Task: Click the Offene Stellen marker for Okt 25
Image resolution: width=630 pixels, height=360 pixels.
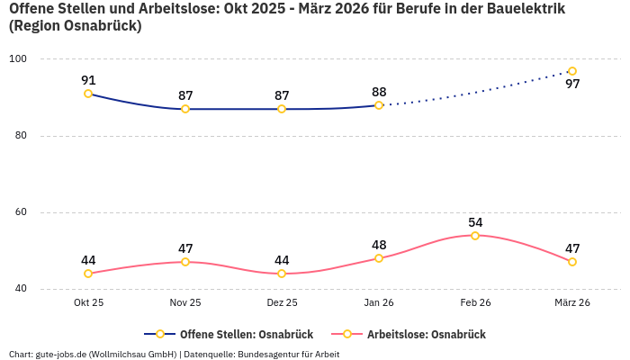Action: pyautogui.click(x=88, y=94)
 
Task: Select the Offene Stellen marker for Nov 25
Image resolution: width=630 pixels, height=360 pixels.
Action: pyautogui.click(x=185, y=109)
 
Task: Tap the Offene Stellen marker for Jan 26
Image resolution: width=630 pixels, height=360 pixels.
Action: pyautogui.click(x=379, y=105)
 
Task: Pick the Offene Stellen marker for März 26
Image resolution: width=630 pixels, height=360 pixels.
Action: pyautogui.click(x=572, y=71)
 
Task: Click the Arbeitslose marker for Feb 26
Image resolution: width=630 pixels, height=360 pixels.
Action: pyautogui.click(x=475, y=236)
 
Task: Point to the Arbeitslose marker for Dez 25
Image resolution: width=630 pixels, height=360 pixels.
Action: pyautogui.click(x=282, y=274)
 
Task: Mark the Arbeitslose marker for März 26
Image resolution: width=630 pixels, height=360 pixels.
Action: pyautogui.click(x=572, y=262)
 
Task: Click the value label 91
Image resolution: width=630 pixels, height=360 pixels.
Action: pyautogui.click(x=88, y=79)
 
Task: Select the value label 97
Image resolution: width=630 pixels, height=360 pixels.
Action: pyautogui.click(x=572, y=85)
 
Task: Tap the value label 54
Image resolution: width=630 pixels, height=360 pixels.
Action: pyautogui.click(x=475, y=222)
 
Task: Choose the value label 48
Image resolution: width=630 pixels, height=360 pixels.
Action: pyautogui.click(x=379, y=245)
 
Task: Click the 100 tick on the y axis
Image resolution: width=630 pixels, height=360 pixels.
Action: pyautogui.click(x=18, y=59)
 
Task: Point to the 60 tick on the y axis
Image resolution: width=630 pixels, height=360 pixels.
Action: pyautogui.click(x=21, y=212)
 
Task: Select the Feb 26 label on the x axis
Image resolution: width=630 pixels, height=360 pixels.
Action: pyautogui.click(x=475, y=303)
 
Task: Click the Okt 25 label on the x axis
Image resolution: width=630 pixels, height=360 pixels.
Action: pyautogui.click(x=88, y=303)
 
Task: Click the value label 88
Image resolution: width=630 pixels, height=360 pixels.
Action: pyautogui.click(x=379, y=92)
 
